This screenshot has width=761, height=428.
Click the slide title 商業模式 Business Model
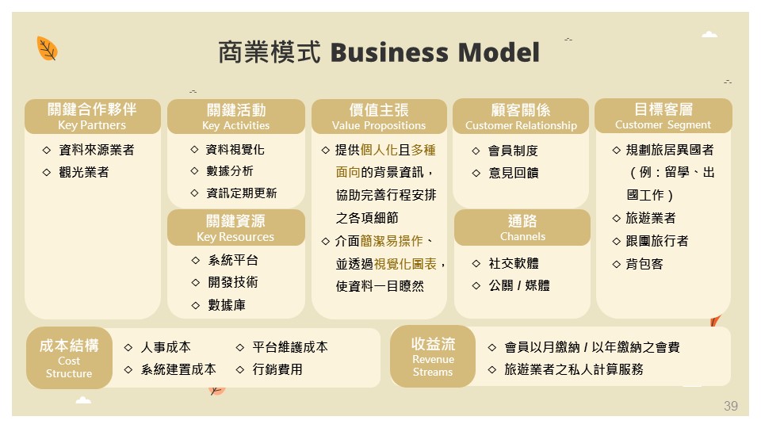coord(379,53)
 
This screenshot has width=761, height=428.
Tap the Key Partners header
coord(92,116)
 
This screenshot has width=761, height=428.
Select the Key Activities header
coord(235,116)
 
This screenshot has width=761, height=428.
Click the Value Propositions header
coord(379,116)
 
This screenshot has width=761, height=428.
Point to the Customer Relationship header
coord(521,116)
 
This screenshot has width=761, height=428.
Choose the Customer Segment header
coord(663,116)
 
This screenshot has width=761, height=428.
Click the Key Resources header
coord(235,227)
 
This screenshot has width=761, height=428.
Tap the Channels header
coord(522,227)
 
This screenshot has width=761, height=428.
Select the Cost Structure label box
coord(69,358)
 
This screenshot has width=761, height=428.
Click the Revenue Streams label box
coord(433,356)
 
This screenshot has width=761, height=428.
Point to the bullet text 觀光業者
coord(84,171)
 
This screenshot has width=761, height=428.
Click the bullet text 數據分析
coord(230,171)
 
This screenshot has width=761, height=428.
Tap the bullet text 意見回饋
coord(513,172)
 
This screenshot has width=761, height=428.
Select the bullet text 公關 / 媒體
coord(519,285)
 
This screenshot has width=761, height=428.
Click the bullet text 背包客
coord(644,263)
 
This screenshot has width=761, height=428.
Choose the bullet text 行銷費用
coord(277,369)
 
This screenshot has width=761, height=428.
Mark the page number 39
coord(730,406)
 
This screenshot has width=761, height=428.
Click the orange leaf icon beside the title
coord(48,49)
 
